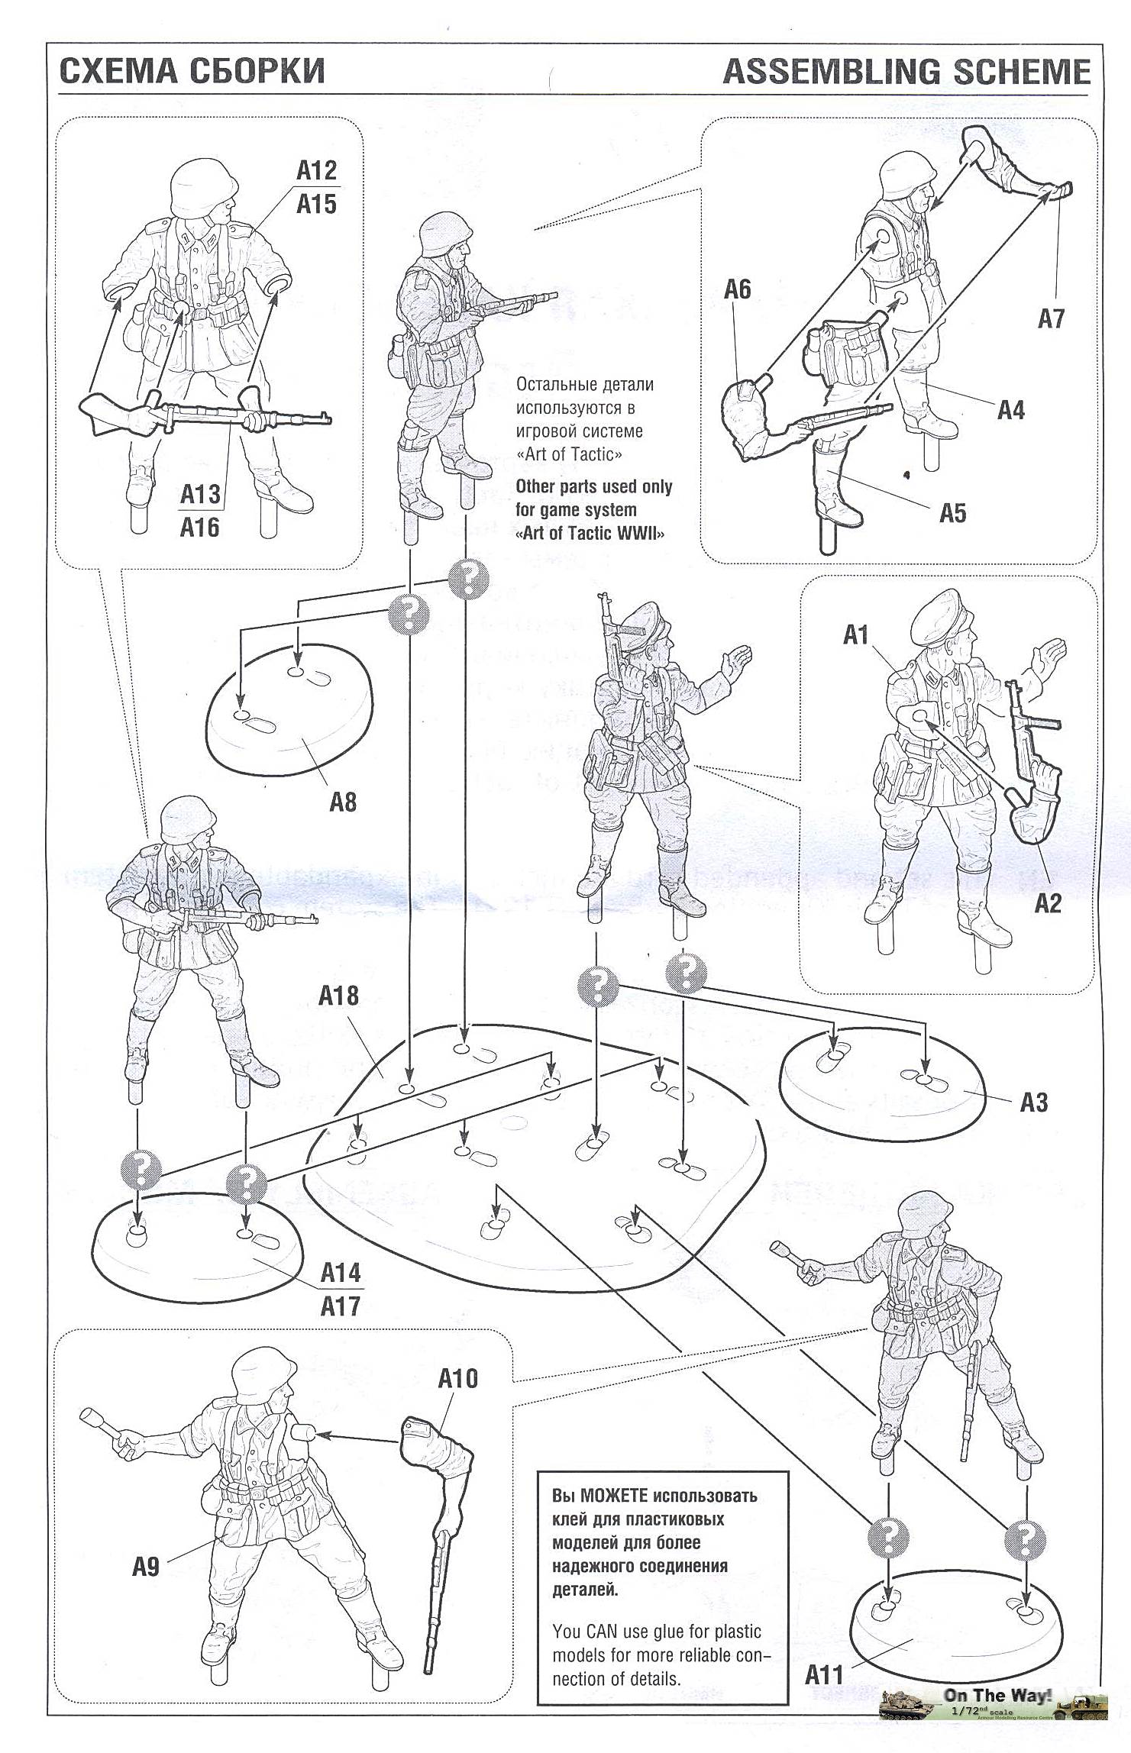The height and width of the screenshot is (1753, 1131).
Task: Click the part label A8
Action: click(x=343, y=802)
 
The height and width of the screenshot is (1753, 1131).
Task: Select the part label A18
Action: click(x=338, y=996)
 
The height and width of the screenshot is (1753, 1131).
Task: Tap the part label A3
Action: click(x=1034, y=1102)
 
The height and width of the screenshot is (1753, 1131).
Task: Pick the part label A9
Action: click(x=145, y=1567)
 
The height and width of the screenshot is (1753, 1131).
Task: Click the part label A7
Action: click(x=1050, y=318)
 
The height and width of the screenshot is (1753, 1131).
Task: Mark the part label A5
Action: click(x=952, y=513)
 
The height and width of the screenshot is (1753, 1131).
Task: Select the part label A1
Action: click(x=856, y=634)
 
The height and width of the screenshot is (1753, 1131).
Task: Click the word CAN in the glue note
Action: click(x=603, y=1632)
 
